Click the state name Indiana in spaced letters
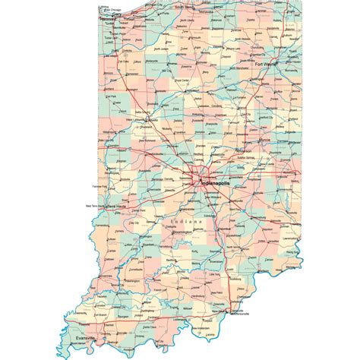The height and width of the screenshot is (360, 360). [188, 221]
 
